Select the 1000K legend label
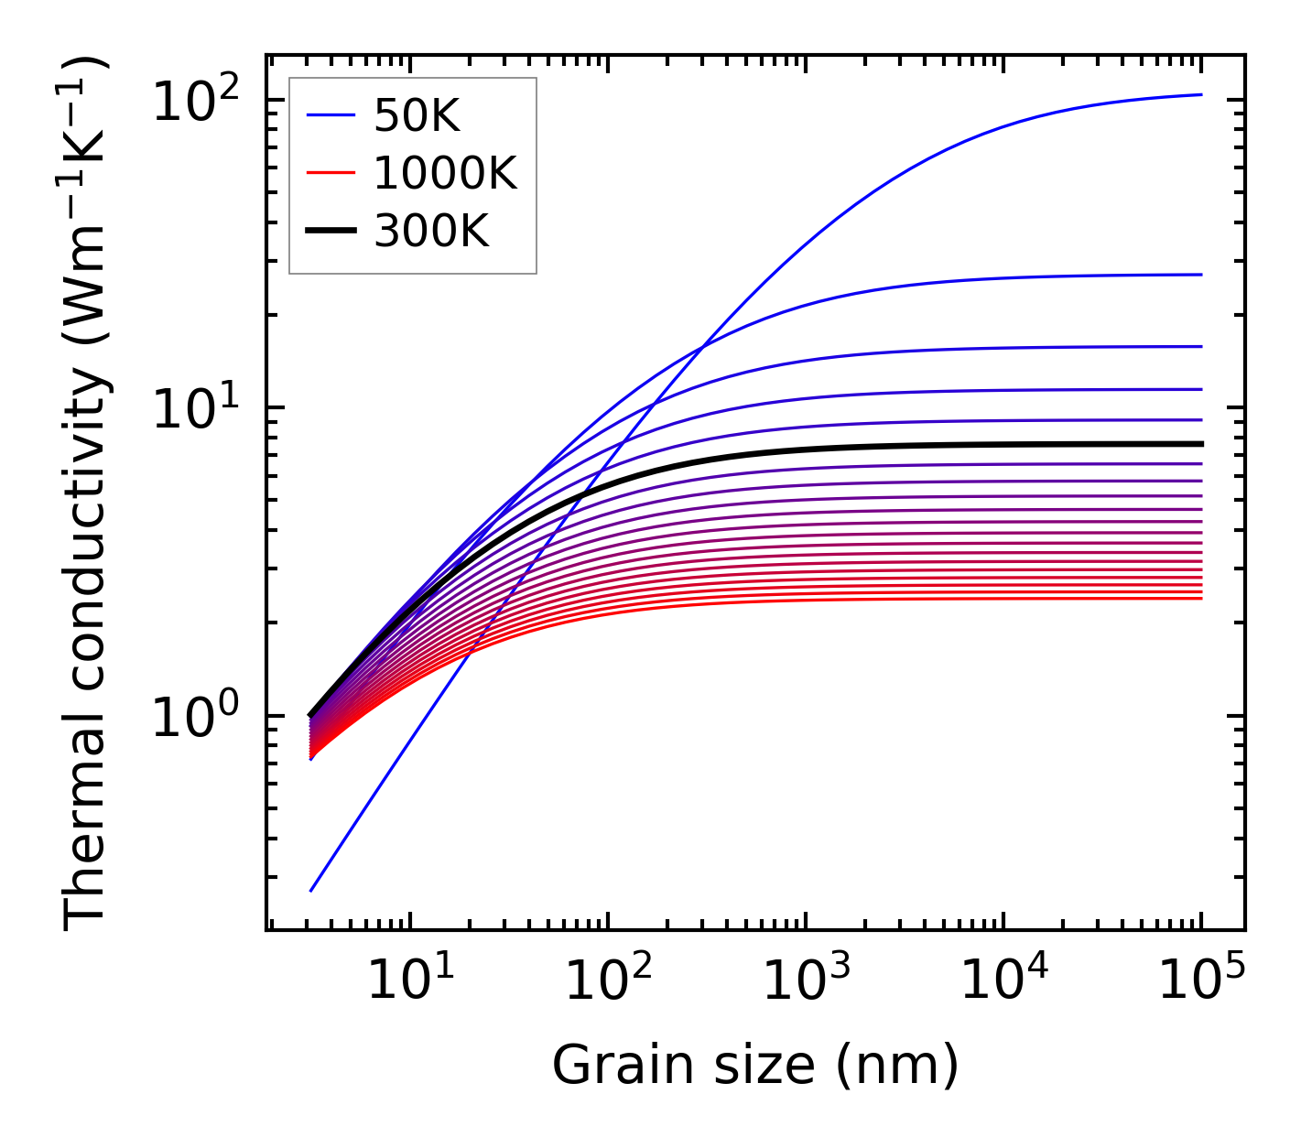[x=445, y=173]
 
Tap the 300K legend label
[x=431, y=232]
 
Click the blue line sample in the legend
[x=330, y=115]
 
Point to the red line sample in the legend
[x=330, y=173]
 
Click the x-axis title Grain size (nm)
[x=755, y=1065]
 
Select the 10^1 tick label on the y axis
[x=195, y=408]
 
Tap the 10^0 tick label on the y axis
[x=195, y=717]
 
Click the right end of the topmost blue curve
[x=1201, y=94]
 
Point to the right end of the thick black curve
[x=1201, y=444]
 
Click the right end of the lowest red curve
[x=1201, y=599]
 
